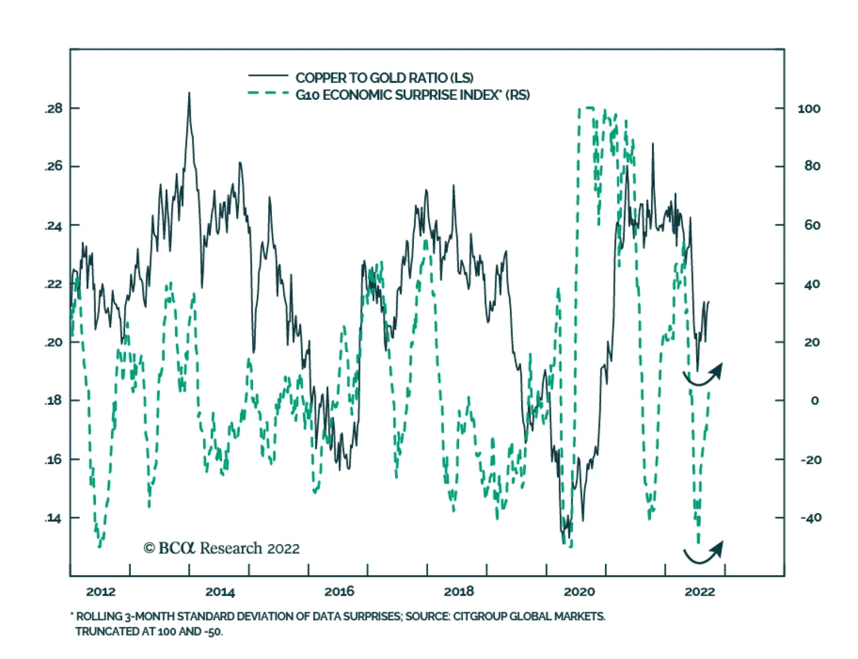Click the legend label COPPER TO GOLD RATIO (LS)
coord(384,78)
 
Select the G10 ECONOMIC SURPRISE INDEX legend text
coord(412,95)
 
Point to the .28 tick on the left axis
coord(53,108)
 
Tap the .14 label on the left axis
coord(53,518)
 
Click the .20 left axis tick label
coord(53,342)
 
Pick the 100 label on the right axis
coord(809,109)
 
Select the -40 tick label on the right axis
coord(810,518)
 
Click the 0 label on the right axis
coord(815,401)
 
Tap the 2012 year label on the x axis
coord(101,591)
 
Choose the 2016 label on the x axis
coord(339,591)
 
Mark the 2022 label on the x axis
coord(699,591)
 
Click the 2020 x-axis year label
coord(579,591)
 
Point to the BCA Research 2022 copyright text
coord(221,548)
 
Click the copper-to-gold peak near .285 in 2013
coord(189,94)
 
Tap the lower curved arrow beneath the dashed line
coord(703,553)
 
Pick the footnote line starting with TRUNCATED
coord(149,632)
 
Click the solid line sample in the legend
coord(268,76)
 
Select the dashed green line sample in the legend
coord(268,93)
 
